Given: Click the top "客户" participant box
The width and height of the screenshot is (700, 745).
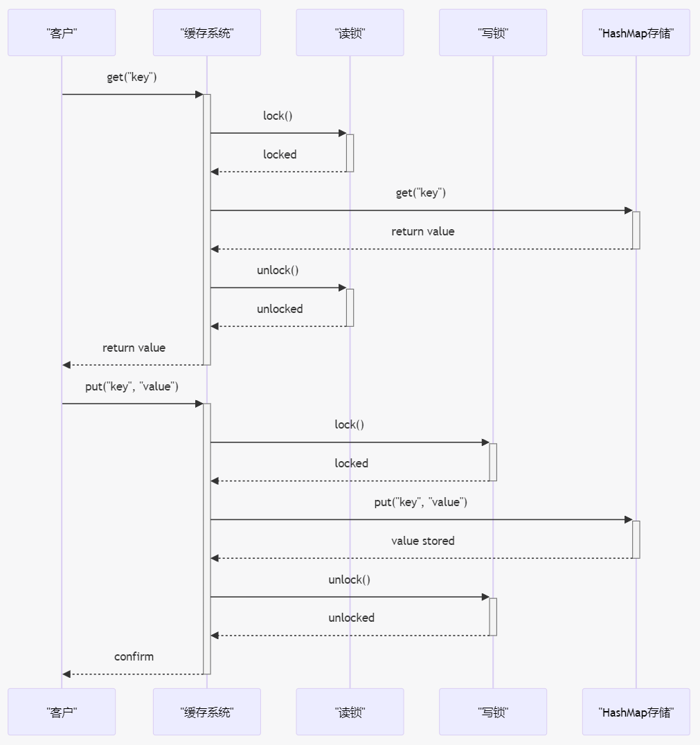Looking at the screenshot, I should pos(62,33).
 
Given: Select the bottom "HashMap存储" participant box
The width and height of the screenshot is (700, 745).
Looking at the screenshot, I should pos(636,712).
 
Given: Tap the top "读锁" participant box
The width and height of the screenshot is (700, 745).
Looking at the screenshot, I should pos(350,33).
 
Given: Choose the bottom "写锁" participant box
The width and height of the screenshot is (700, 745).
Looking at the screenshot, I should pos(492,712).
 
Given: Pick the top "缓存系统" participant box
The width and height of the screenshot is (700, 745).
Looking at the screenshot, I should pos(206,33).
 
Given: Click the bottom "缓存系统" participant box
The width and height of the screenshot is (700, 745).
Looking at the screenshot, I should pos(206,712).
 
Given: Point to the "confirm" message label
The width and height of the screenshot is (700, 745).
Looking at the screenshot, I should pos(134,656).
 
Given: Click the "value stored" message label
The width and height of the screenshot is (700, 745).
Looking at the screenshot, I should pos(422,541).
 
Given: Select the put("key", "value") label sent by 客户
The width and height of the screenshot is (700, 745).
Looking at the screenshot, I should pos(132,386).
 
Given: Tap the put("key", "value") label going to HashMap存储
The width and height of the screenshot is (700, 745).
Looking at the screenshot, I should pos(420,502).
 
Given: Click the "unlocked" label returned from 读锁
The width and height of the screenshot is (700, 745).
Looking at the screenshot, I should pos(280,309).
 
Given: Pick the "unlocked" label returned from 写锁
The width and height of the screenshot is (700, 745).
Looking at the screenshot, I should pos(351,618).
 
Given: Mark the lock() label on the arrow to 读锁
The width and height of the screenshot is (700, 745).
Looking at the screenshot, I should pos(278,116).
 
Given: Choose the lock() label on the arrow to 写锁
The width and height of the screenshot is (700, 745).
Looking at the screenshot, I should pos(349,424).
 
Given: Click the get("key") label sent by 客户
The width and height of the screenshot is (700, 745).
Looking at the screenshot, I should pos(132,77).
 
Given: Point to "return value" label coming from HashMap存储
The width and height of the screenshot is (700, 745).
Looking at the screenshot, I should pos(422,231).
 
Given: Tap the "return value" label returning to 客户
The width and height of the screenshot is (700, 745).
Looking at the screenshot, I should pos(134,348).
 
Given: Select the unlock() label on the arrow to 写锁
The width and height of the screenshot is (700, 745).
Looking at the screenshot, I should pos(349,580).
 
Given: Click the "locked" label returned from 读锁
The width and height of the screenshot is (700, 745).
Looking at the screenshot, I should pos(280,154).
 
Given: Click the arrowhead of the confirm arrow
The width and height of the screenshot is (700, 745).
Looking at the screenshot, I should pos(66,674).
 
